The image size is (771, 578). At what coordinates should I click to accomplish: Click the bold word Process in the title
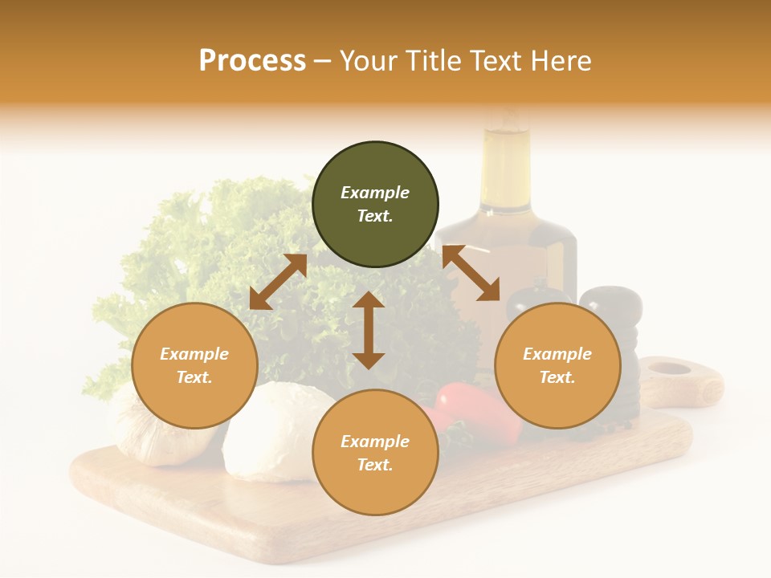[x=252, y=61]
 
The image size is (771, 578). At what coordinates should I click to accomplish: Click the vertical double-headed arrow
[x=369, y=330]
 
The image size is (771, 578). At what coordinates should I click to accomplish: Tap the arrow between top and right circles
[x=471, y=273]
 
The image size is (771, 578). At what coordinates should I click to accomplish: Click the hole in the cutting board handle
[x=669, y=369]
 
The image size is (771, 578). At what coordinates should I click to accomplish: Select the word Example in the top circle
[x=375, y=193]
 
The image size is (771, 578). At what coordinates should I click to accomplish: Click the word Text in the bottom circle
[x=373, y=465]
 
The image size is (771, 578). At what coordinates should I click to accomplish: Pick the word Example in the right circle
[x=557, y=354]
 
